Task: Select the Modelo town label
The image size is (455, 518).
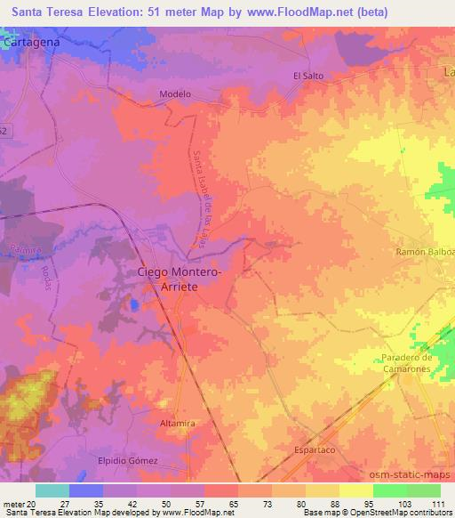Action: pos(175,93)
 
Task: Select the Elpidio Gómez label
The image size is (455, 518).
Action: pos(128,460)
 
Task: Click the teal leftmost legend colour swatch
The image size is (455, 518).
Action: pos(52,490)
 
